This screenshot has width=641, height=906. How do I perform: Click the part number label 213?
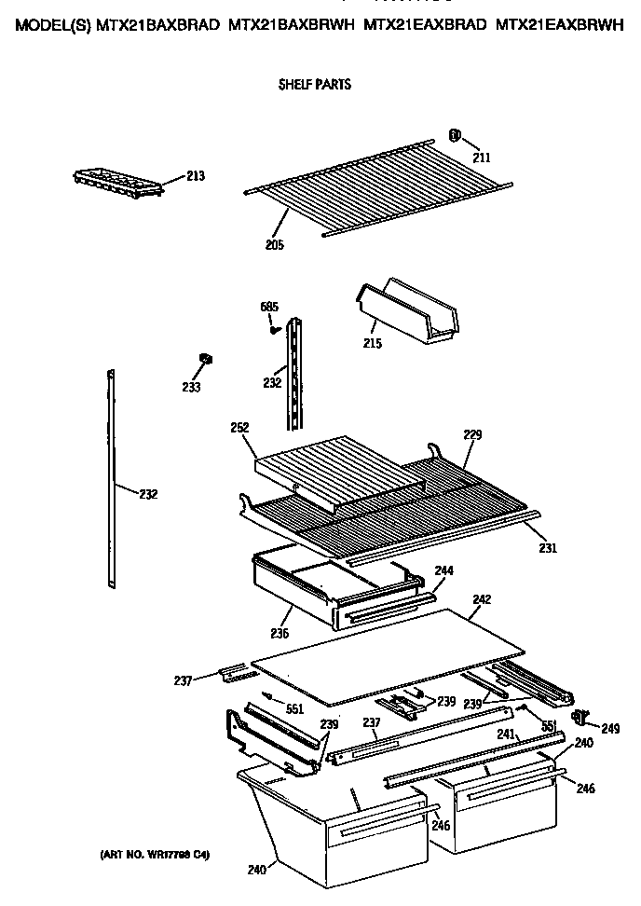(195, 175)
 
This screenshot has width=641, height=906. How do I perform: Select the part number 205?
(274, 245)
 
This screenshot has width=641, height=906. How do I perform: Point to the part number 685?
(269, 307)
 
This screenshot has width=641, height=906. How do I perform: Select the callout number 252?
(240, 427)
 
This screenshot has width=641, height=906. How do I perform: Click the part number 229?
(472, 434)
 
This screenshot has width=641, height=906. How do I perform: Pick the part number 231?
(547, 548)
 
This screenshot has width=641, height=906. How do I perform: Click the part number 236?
(279, 634)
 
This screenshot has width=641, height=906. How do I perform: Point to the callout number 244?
(443, 570)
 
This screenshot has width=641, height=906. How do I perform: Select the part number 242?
(482, 599)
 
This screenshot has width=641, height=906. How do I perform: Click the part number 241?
(504, 734)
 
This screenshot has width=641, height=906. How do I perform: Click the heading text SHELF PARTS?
(315, 85)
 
